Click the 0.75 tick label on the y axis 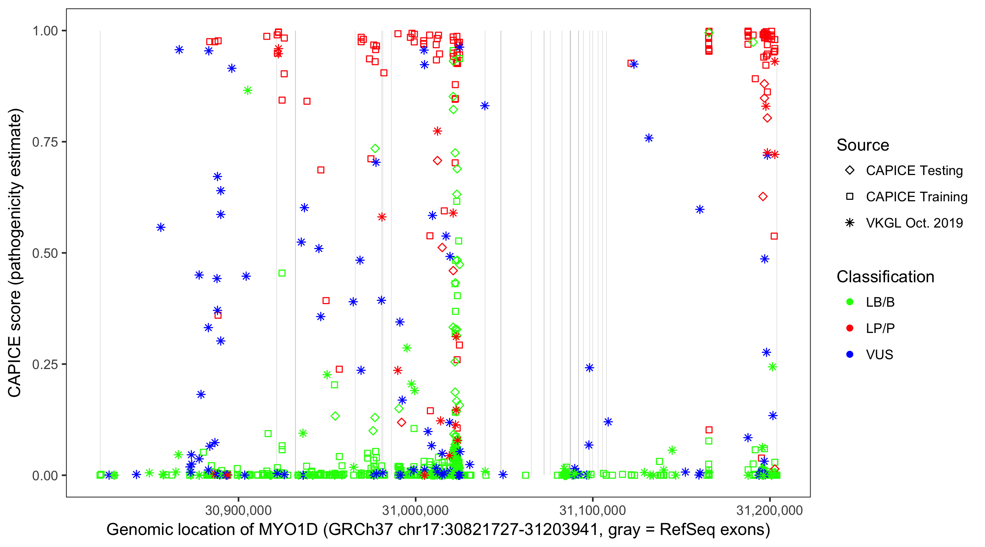45,142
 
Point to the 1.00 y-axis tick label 45,31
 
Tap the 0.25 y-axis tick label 45,364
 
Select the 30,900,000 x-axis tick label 238,510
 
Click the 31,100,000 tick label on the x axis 592,510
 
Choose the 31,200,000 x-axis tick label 769,510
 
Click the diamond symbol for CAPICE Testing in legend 850,171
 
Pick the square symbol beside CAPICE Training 850,197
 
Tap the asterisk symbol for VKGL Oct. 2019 850,223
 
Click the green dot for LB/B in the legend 850,302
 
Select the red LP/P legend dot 850,328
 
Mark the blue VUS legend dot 850,354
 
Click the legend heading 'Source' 863,145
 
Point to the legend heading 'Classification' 885,277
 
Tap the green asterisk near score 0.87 248,90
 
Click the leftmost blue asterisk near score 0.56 161,228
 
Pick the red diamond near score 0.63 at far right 763,197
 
